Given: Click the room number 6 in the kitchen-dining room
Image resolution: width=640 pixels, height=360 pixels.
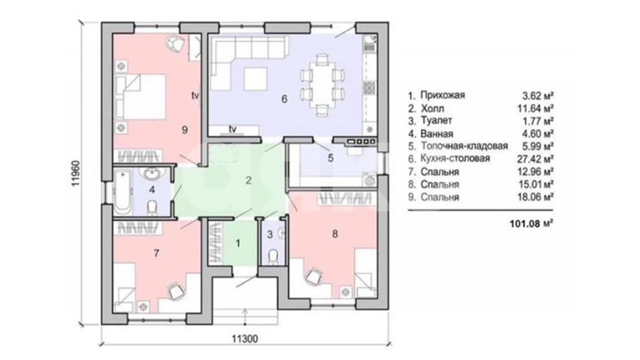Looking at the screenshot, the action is tap(284, 99).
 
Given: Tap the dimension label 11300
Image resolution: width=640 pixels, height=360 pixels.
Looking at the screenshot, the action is tap(244, 339).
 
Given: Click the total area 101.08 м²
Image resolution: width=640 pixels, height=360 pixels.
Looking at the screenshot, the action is tap(531, 223).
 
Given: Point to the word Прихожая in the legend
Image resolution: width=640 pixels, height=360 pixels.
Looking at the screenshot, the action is tap(442, 95).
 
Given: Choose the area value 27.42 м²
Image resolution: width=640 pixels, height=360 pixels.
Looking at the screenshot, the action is tap(535, 159).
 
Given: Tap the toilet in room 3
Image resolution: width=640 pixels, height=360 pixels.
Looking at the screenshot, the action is tap(273, 257).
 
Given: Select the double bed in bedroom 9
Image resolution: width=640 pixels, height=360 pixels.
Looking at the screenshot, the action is tap(140, 97).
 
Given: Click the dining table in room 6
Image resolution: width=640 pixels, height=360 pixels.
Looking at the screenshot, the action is tap(322, 85).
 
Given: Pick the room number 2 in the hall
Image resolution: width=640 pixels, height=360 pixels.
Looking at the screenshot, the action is tap(248, 180).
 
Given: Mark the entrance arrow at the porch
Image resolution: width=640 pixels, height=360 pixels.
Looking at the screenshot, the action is tap(245, 316).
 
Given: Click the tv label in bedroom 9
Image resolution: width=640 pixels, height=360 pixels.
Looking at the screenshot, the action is tap(195, 95).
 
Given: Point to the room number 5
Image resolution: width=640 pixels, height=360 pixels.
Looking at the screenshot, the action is tap(330, 158).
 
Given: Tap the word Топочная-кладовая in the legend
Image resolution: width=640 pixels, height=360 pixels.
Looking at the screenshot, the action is tap(464, 146).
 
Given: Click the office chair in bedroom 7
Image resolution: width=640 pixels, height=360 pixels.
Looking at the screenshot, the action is tap(174, 291).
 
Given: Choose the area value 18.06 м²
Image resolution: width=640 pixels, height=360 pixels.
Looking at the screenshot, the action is tap(535, 197).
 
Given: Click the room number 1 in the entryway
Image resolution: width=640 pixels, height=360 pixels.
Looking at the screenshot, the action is tap(237, 243).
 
